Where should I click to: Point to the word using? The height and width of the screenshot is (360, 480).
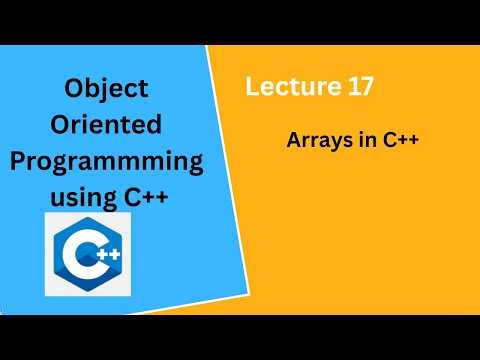[x=80, y=197]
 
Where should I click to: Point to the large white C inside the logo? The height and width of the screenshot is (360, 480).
[x=80, y=258]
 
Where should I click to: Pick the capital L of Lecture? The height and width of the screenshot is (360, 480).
[x=253, y=88]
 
